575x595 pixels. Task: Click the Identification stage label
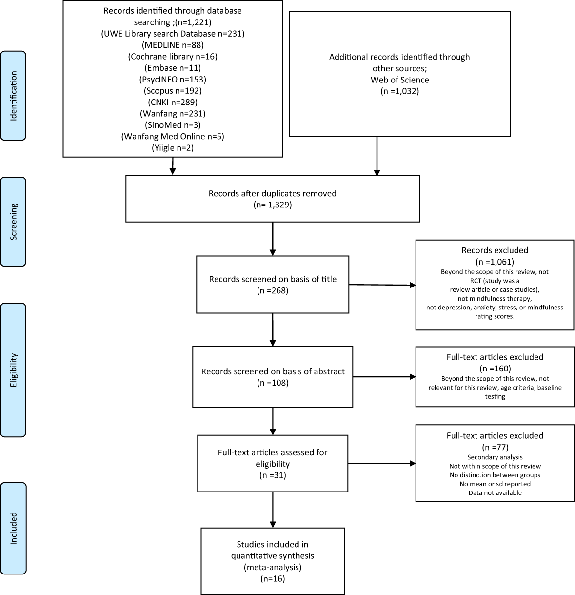tap(13, 96)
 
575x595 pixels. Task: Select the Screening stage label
tap(13, 221)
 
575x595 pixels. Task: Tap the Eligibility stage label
tap(13, 370)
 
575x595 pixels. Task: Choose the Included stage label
tap(13, 528)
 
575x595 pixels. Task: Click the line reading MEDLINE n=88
tap(173, 45)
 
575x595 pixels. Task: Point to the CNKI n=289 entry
tap(173, 102)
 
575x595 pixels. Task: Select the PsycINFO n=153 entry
tap(173, 79)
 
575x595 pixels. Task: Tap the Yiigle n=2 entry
tap(173, 147)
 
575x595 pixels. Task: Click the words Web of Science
tap(399, 80)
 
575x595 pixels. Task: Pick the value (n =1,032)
tap(399, 91)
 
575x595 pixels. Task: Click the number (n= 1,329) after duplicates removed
tap(272, 205)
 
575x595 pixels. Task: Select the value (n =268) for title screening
tap(273, 291)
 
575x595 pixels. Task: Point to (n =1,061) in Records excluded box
tap(495, 262)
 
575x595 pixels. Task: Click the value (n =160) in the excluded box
tap(495, 368)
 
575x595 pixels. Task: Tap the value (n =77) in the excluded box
tap(495, 447)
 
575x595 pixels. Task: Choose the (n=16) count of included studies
tap(272, 579)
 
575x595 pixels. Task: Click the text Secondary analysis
tap(495, 457)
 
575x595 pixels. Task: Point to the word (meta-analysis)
tap(272, 567)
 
